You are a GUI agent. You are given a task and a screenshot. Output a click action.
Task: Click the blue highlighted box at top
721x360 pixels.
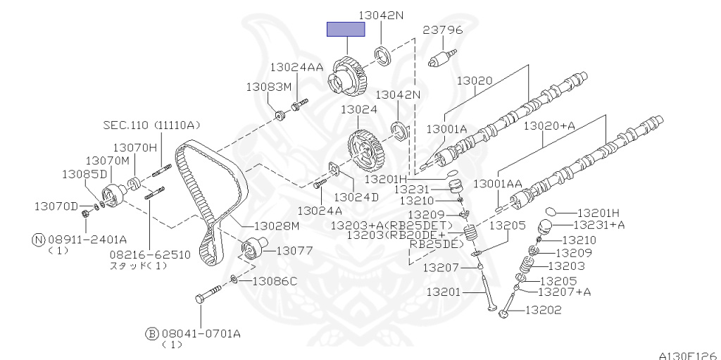pos(345,29)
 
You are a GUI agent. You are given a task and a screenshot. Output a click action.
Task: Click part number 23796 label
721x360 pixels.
pos(441,30)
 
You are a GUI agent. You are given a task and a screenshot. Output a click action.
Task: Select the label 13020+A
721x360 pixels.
pos(548,125)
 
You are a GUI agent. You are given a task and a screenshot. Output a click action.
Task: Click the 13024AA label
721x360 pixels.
pos(296,67)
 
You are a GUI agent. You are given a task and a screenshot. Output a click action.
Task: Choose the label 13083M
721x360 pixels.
pos(268,87)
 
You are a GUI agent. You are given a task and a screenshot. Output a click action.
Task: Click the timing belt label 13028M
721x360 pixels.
pos(277,225)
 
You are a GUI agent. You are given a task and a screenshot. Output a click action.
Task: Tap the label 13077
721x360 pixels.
pos(294,249)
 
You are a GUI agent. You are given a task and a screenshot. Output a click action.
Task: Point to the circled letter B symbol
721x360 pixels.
pos(151,333)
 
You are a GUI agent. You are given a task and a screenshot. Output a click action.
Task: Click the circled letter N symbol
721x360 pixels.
pos(39,239)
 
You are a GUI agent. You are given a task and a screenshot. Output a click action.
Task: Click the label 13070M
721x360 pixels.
pos(108,161)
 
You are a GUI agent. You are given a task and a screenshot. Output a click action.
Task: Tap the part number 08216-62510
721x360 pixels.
pos(149,254)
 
